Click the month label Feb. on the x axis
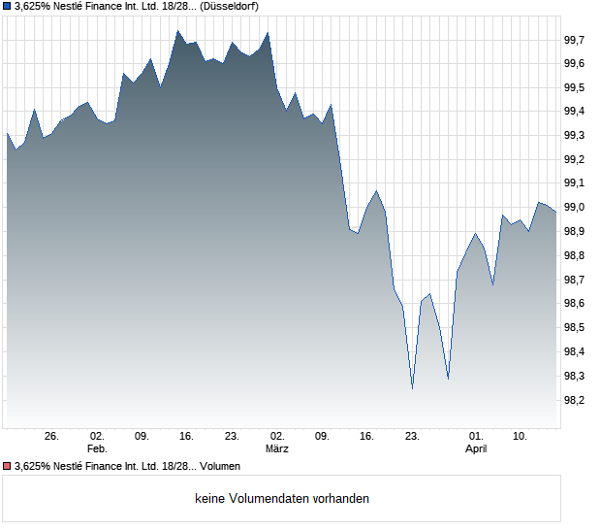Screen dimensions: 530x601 tap(96, 449)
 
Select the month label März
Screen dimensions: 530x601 tap(277, 449)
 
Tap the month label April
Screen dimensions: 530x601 tap(476, 449)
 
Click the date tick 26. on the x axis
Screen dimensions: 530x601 tap(51, 437)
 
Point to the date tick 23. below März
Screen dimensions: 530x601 tap(412, 437)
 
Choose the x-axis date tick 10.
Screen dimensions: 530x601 tap(521, 437)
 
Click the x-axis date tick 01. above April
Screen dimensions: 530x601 tap(476, 437)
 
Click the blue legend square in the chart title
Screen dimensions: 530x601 tap(7, 6)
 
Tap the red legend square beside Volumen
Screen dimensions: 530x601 tap(7, 466)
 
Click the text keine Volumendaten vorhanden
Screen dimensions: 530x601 tap(282, 499)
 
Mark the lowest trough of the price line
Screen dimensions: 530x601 tap(412, 388)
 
